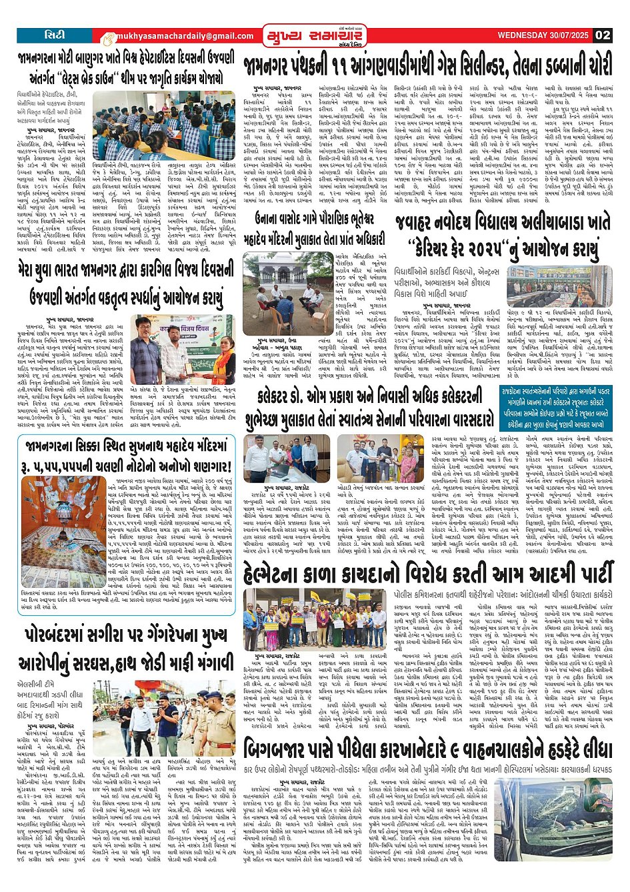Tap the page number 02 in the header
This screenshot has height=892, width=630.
603,35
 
